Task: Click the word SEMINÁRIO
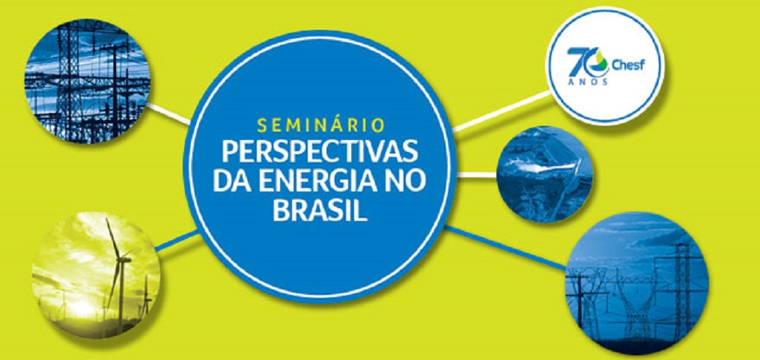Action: click(321, 124)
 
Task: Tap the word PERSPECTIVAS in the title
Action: click(320, 152)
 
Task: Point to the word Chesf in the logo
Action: click(629, 64)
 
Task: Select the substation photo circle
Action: click(88, 82)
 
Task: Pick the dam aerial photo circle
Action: click(545, 174)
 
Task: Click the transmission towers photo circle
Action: click(637, 283)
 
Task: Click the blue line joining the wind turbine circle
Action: click(177, 241)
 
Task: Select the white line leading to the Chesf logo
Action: click(501, 112)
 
